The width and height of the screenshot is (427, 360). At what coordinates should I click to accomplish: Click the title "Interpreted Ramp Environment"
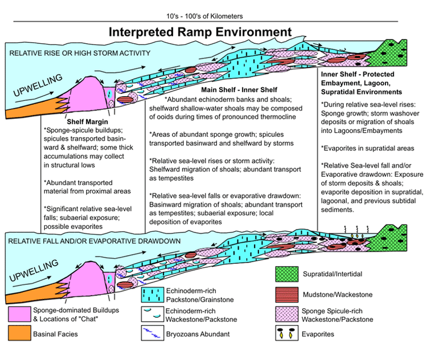click(x=200, y=32)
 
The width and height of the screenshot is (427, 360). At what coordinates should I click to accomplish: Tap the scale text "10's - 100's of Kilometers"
click(x=204, y=17)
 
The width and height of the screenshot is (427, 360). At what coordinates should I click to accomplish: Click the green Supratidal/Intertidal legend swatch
click(x=287, y=274)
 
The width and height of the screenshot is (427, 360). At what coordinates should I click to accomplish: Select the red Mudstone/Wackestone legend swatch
click(x=287, y=294)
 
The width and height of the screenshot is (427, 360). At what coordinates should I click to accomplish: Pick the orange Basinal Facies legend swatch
click(x=19, y=333)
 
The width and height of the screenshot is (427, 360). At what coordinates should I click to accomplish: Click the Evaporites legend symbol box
click(x=287, y=333)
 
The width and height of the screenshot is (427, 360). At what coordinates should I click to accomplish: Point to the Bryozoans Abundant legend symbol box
click(x=153, y=333)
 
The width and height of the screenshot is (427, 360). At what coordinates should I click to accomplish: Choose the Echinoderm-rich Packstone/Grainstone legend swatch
click(x=153, y=294)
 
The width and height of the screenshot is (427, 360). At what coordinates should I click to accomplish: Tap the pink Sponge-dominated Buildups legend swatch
click(x=19, y=314)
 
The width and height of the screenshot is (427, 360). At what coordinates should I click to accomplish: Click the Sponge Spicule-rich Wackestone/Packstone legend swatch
click(x=287, y=314)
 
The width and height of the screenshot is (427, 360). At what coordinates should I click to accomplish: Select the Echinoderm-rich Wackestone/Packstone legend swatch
click(x=153, y=314)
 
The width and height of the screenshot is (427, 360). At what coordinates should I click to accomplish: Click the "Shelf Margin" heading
click(x=88, y=121)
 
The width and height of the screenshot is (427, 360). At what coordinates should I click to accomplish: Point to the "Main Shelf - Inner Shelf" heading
click(x=239, y=89)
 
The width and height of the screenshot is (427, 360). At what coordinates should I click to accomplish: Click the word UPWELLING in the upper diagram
click(x=38, y=85)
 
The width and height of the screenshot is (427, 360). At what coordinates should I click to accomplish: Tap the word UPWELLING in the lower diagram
click(x=34, y=271)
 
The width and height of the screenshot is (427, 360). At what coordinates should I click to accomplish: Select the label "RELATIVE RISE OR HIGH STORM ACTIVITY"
click(x=80, y=53)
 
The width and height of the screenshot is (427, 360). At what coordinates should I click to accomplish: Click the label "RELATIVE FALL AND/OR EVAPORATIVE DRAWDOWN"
click(x=94, y=241)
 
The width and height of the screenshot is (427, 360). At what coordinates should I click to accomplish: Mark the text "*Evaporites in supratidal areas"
click(x=368, y=148)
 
